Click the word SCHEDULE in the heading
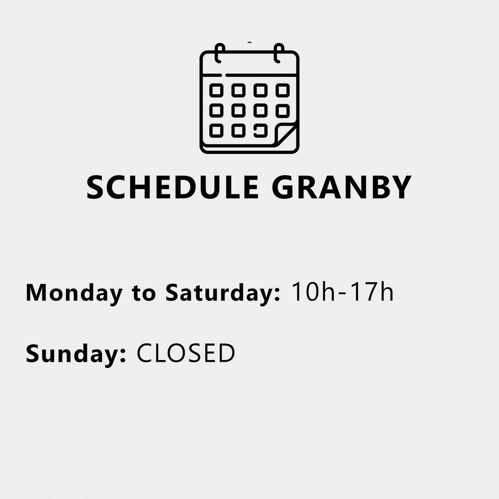click(173, 187)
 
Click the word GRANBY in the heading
click(341, 187)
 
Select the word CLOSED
click(185, 353)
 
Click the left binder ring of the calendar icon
click(219, 53)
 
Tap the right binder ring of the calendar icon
click(278, 53)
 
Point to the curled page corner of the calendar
click(286, 134)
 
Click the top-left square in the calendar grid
click(216, 90)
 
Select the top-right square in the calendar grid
click(282, 90)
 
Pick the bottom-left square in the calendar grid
click(216, 131)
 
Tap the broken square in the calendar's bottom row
click(260, 131)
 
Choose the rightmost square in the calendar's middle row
click(282, 111)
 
